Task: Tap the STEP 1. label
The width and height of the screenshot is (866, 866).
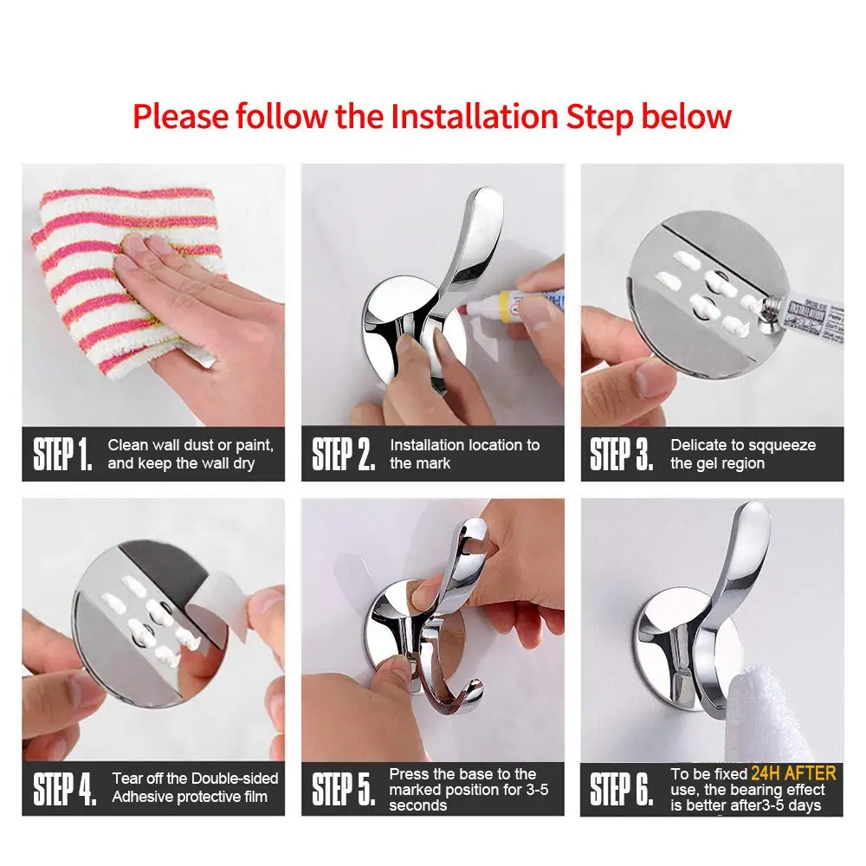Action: [62, 454]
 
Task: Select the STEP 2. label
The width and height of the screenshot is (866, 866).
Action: [343, 454]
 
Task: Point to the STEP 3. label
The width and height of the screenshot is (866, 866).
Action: [621, 454]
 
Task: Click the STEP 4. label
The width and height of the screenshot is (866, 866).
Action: [64, 789]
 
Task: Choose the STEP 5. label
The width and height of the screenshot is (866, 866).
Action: [343, 789]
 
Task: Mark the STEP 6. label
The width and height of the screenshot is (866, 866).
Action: [621, 789]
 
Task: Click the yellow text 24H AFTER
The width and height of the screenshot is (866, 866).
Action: [793, 773]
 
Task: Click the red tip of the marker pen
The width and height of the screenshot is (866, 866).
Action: [466, 308]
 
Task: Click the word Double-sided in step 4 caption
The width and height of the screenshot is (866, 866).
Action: [236, 779]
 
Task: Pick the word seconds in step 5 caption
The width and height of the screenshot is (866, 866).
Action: [417, 805]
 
